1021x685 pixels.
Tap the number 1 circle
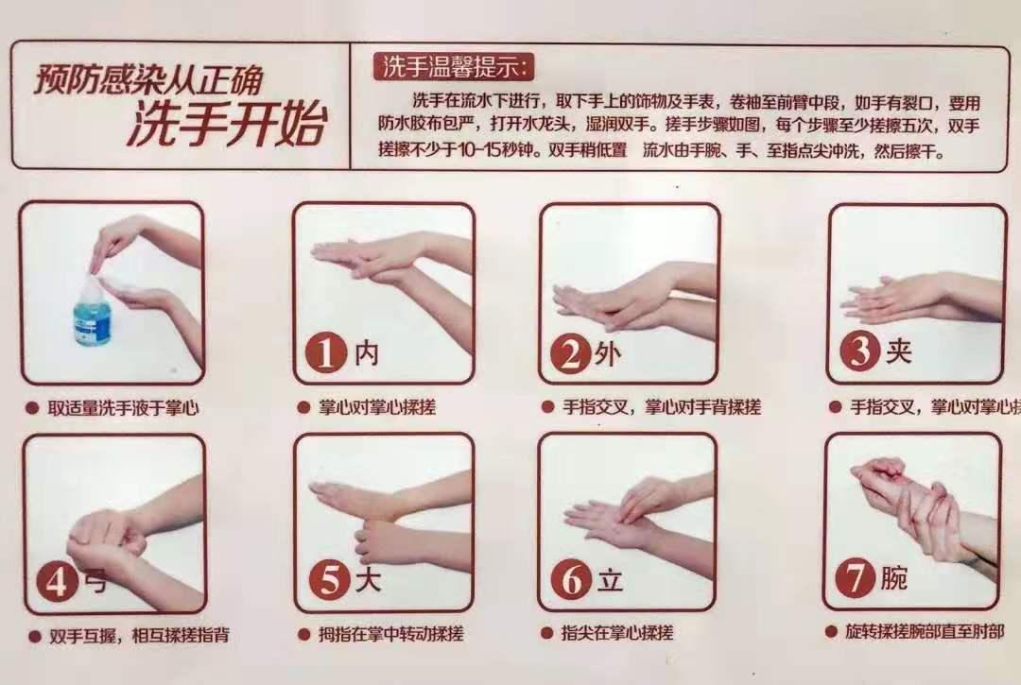[325, 353]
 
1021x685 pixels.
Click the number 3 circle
[859, 352]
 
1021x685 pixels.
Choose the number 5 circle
[328, 580]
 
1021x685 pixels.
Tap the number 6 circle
[571, 580]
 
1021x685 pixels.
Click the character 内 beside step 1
[367, 353]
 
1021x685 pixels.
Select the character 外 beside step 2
[609, 354]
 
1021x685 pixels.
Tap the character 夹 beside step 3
[898, 351]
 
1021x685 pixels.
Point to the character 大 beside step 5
[367, 580]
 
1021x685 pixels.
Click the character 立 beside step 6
[610, 580]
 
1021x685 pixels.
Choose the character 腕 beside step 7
[894, 578]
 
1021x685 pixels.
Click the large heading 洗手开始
[226, 126]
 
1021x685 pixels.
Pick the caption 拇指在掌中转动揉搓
[389, 633]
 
